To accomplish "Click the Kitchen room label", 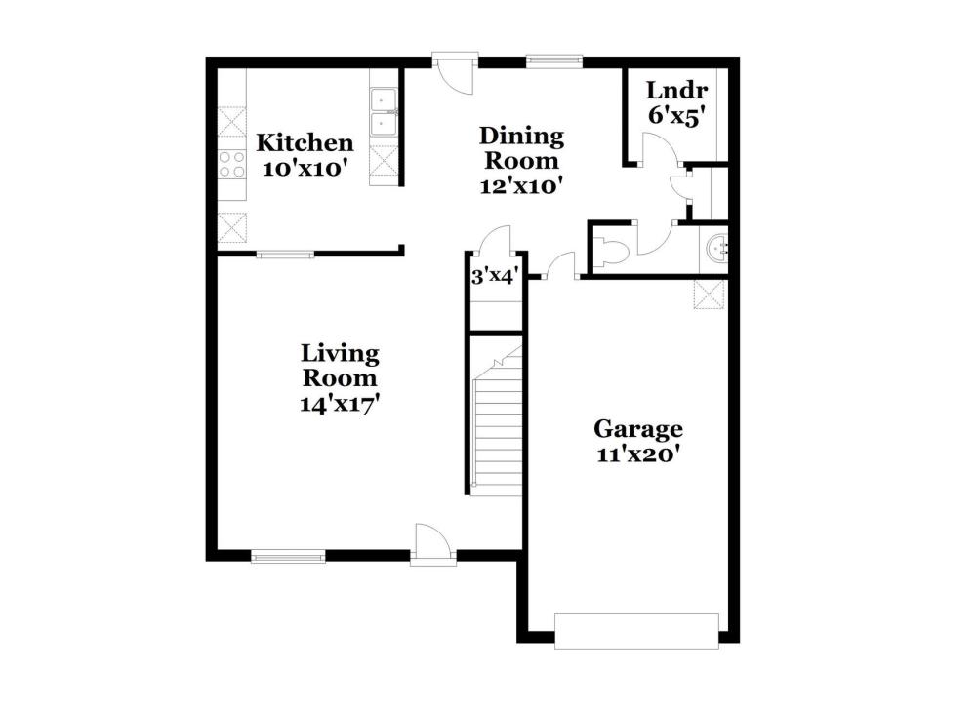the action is (305, 143).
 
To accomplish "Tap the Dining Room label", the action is (521, 148).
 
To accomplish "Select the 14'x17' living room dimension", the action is (340, 405).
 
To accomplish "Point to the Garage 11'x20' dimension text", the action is (637, 454).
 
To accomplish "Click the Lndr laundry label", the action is (676, 91).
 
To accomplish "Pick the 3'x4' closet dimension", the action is (495, 276).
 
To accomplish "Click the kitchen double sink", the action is (384, 112).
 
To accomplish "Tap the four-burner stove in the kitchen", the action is (231, 165).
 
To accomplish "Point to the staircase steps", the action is (498, 429).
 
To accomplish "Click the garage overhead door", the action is (636, 631).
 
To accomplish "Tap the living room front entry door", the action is (432, 545).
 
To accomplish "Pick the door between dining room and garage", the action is (561, 266).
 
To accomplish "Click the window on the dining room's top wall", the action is (554, 60).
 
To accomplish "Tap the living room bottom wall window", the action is (288, 556).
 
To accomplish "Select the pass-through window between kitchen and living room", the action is (286, 254).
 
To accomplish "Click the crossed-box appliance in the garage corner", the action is (710, 295).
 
